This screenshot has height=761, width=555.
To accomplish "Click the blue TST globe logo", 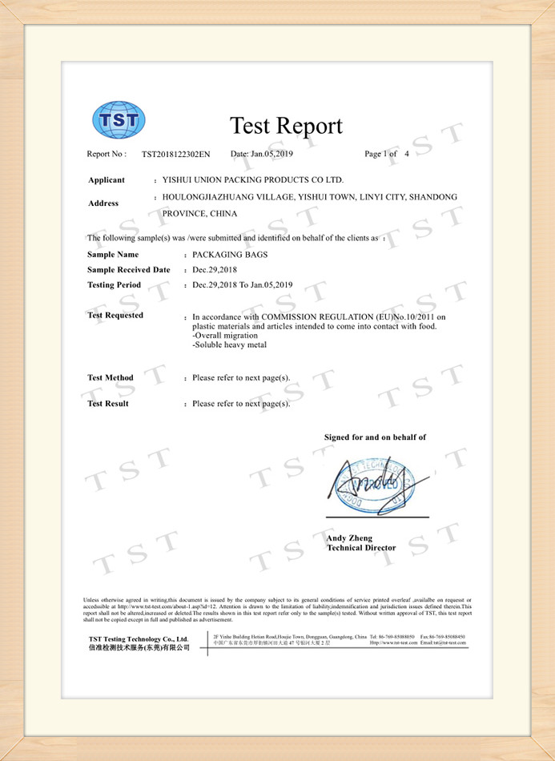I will click(x=119, y=121).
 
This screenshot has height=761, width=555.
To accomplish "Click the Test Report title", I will click(x=286, y=126).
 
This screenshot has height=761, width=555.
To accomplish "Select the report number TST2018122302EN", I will click(x=176, y=154).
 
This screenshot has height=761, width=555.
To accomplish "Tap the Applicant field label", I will click(x=107, y=180).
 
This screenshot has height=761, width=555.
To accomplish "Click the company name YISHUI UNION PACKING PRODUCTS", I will click(x=252, y=180).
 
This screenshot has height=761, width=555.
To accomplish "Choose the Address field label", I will click(x=103, y=203).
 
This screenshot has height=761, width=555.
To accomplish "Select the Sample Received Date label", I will click(x=128, y=270).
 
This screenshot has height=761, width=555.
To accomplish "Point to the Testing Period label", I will click(x=114, y=285).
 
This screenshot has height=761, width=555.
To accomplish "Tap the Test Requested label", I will click(x=115, y=316).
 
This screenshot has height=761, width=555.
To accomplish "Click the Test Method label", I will click(x=111, y=378).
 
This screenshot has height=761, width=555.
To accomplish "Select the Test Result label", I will click(x=108, y=404).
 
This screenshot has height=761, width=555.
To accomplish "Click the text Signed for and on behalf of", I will click(x=375, y=437).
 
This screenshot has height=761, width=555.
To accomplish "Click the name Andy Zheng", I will click(x=349, y=538).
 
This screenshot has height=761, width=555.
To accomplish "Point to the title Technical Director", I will click(x=361, y=548).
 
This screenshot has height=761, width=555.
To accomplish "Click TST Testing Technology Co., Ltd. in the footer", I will click(x=138, y=638).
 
